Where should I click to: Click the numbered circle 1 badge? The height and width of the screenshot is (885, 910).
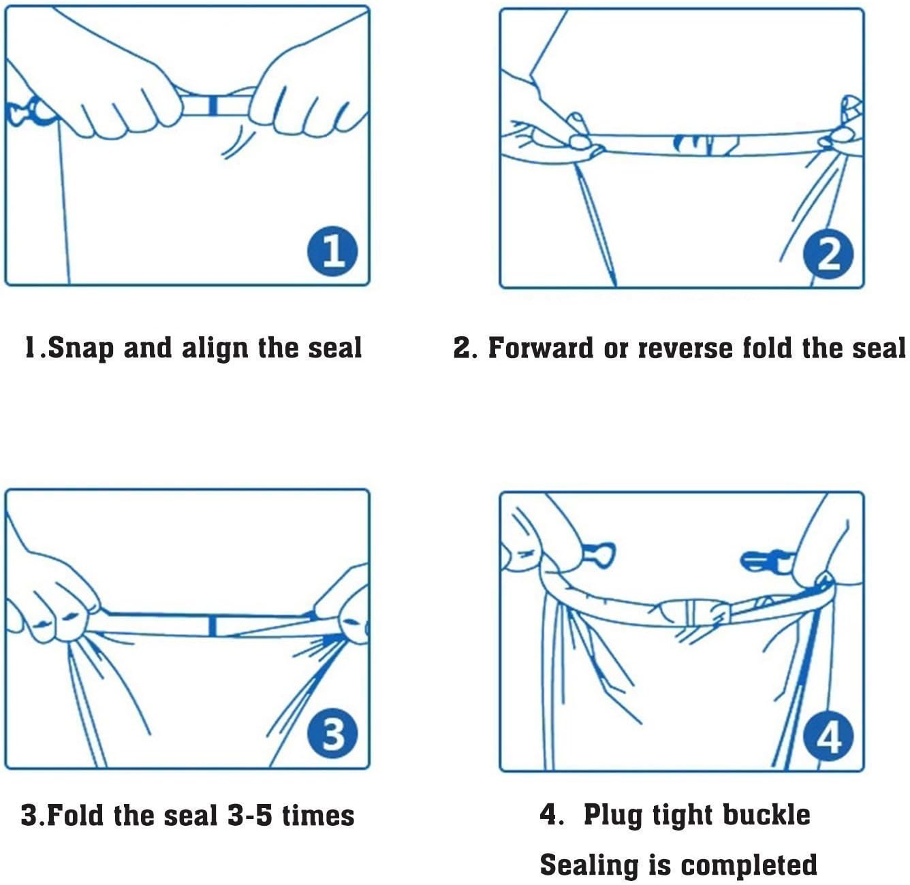(x=332, y=251)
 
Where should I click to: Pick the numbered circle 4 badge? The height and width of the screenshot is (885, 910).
(x=828, y=737)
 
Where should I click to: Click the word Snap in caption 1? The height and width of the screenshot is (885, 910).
(x=80, y=348)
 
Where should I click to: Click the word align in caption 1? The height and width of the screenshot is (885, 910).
(x=215, y=348)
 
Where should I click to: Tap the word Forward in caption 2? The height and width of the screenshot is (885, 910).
(x=541, y=348)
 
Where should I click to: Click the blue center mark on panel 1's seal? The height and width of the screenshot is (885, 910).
(x=213, y=106)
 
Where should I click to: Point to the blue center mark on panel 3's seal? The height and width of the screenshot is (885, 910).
(x=213, y=626)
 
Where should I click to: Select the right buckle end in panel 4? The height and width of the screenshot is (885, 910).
(x=768, y=562)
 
